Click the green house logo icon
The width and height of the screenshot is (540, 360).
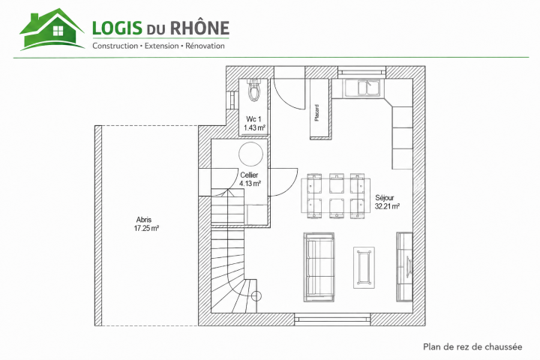[52, 30]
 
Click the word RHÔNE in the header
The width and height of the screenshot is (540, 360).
[199, 27]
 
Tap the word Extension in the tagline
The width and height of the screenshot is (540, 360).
[161, 46]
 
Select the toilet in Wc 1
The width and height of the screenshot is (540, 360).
[254, 90]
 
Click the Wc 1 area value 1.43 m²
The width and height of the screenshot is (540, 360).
[254, 127]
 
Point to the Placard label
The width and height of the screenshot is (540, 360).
[316, 112]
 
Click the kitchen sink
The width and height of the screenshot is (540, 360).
[361, 88]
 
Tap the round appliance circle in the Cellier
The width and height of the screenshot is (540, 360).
[251, 154]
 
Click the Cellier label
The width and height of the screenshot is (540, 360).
[249, 175]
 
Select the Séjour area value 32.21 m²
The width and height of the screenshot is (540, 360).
[387, 206]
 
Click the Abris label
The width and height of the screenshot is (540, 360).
[143, 220]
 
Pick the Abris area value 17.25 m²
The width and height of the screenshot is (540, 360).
[146, 228]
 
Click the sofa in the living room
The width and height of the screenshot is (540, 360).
[319, 267]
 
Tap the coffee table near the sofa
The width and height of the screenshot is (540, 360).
[364, 268]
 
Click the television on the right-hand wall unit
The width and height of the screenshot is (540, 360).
[409, 266]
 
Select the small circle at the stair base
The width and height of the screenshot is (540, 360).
[256, 295]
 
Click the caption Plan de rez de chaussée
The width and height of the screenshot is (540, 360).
[472, 347]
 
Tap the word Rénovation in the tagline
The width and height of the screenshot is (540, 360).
[205, 46]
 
